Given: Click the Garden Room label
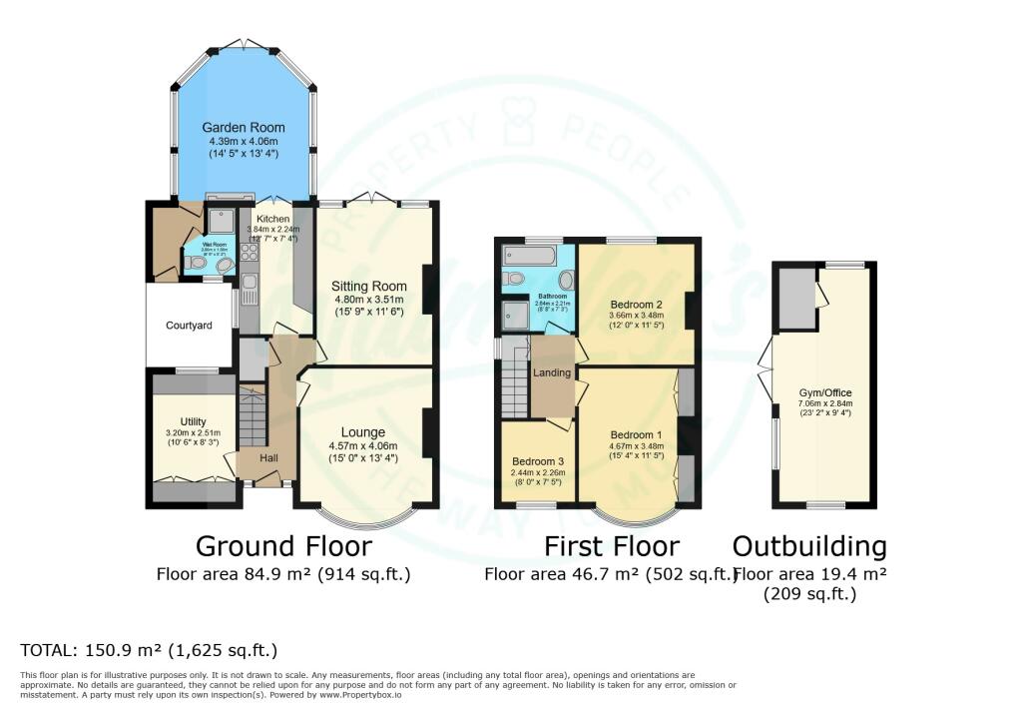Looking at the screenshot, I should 244,128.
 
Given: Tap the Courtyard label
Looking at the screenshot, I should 189,325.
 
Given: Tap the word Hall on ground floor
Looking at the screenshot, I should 269,457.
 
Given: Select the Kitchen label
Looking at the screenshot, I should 272,219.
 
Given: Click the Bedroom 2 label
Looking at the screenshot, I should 637,305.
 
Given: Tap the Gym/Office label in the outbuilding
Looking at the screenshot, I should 823,392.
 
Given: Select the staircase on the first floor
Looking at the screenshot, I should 513,384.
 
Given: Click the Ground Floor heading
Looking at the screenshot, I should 283,546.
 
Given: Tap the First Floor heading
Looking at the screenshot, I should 611,546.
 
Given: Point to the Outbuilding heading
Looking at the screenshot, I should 809,546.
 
